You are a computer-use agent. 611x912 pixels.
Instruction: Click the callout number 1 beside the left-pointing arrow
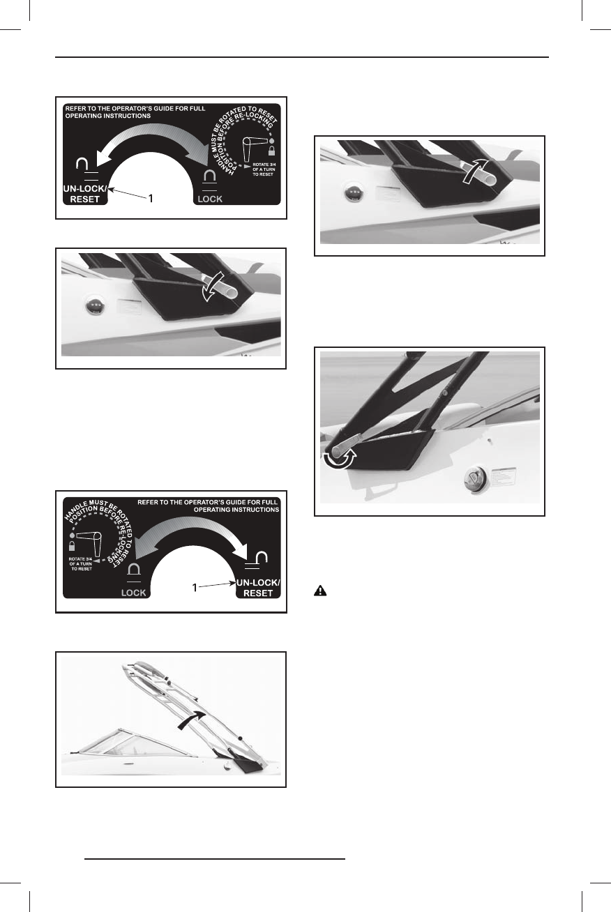(x=150, y=199)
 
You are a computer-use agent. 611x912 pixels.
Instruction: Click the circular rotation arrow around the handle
(x=340, y=459)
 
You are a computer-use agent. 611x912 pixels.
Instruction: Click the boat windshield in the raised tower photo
(x=105, y=739)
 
